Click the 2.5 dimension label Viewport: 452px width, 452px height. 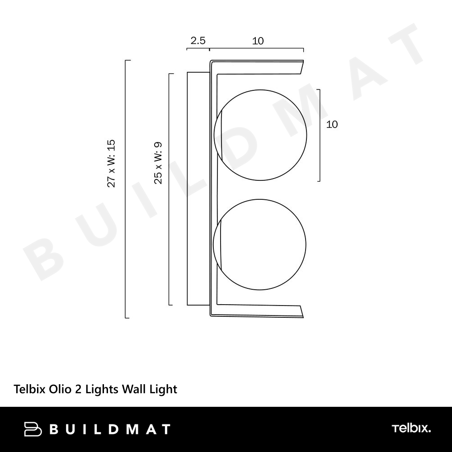198,41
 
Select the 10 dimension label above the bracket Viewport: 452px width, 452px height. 258,41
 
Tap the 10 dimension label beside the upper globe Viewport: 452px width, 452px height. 332,125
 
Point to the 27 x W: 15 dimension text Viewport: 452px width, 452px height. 111,164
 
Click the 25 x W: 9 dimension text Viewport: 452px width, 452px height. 158,163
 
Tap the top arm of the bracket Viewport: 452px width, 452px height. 257,67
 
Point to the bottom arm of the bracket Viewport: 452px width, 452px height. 257,311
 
